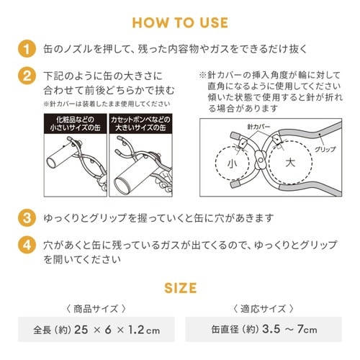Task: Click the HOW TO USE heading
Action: pyautogui.click(x=180, y=22)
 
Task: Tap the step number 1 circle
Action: pyautogui.click(x=25, y=50)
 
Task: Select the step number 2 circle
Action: pyautogui.click(x=25, y=76)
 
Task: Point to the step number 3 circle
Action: pyautogui.click(x=25, y=217)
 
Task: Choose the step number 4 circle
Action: pyautogui.click(x=25, y=243)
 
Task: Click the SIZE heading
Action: pyautogui.click(x=180, y=288)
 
